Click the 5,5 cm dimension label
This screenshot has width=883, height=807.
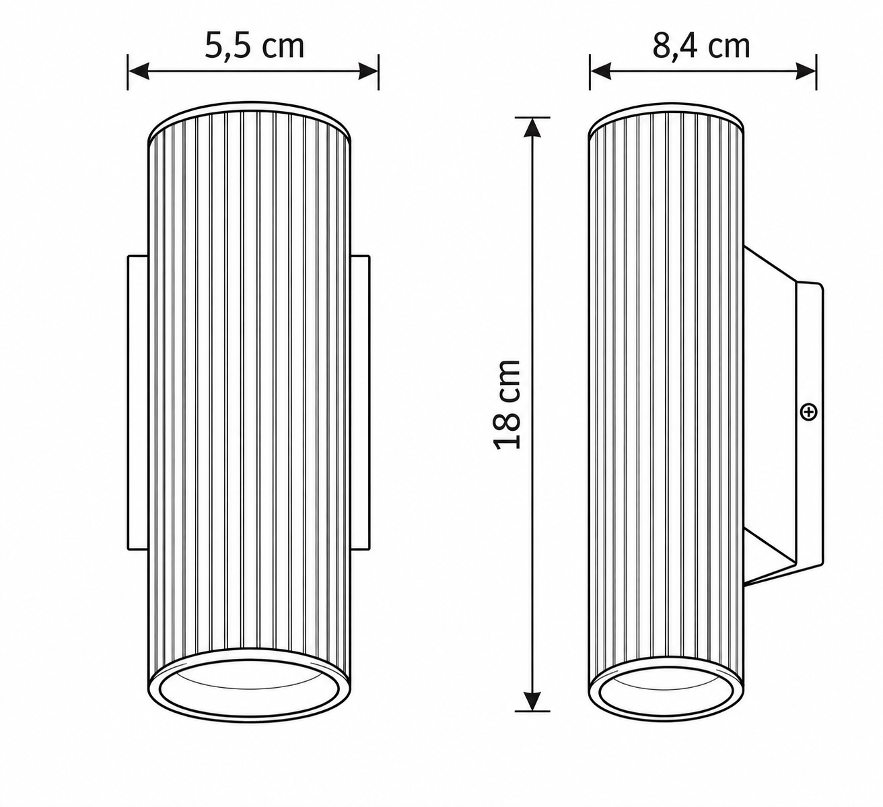pos(254,46)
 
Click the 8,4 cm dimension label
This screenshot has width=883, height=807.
pos(701,46)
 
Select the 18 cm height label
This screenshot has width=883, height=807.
pos(507,405)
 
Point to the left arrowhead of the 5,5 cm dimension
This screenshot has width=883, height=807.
pos(138,71)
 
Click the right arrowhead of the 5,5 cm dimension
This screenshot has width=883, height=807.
pos(368,71)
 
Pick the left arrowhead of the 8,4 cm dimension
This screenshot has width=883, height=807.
pos(600,71)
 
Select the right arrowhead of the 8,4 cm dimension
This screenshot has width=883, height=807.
pos(806,71)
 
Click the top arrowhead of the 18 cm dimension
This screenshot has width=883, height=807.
pos(532,128)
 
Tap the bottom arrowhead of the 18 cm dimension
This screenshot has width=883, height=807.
pos(532,701)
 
